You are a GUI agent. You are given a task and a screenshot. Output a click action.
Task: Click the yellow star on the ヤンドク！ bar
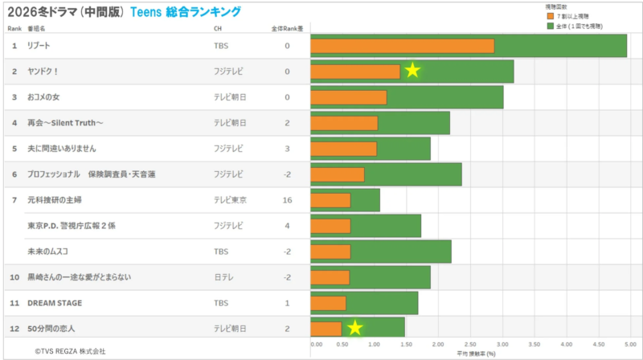coord(412,71)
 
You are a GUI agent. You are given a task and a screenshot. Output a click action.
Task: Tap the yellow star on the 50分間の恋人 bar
coord(354,328)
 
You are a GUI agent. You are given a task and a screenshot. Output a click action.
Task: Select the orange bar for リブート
coord(402,46)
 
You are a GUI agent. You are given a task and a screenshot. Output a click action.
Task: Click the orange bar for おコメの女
coord(348,97)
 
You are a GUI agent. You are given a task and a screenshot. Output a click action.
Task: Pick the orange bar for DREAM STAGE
coord(328,303)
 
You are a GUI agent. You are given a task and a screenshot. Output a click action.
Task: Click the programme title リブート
coord(39,46)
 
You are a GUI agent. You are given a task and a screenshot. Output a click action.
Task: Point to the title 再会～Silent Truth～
coord(66,123)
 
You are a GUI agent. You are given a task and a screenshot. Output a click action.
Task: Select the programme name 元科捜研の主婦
coord(55,200)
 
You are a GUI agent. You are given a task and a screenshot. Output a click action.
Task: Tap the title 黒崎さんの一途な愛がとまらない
coord(79,277)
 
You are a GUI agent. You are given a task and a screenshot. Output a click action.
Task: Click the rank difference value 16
coord(287,200)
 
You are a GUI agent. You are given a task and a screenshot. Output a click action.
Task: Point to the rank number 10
coord(14,277)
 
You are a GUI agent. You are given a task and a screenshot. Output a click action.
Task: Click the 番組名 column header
coord(36,28)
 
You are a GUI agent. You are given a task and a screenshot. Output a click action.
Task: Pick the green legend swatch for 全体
coord(550,26)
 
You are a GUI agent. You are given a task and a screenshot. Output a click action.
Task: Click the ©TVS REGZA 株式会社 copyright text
coord(69,351)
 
